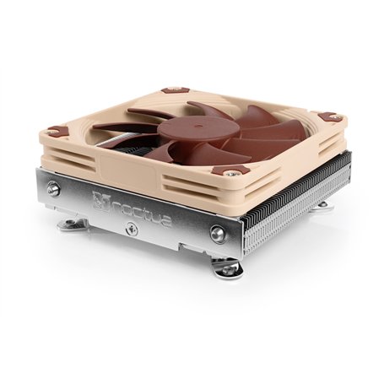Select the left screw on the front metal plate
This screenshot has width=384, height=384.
pos(53,189)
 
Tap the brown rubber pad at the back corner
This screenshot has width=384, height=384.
pos(175,89)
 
